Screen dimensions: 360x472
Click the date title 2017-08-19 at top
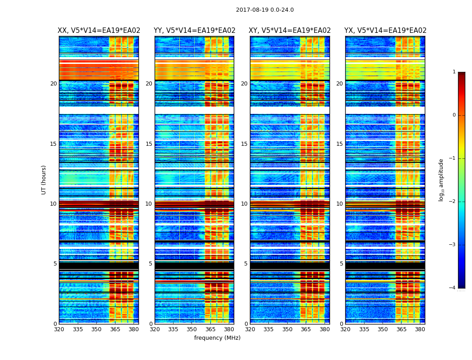[x=265, y=10]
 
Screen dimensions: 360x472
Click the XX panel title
[x=99, y=31]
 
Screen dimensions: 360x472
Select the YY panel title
[x=194, y=31]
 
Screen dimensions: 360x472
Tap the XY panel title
[x=290, y=31]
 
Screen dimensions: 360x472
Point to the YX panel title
[x=385, y=31]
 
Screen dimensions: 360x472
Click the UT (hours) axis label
[x=44, y=180]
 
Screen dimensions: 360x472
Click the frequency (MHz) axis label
[x=217, y=338]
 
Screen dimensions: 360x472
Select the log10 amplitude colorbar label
[x=441, y=180]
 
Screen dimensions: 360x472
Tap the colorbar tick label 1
[x=454, y=72]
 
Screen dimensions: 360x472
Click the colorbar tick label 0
[x=454, y=115]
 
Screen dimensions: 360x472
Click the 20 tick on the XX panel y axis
[x=53, y=84]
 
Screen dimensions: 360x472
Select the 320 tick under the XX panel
[x=59, y=329]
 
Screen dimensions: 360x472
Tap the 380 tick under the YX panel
[x=420, y=329]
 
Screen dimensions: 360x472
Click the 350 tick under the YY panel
[x=192, y=329]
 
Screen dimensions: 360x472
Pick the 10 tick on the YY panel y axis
[x=149, y=204]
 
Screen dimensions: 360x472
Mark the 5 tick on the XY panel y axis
[x=246, y=264]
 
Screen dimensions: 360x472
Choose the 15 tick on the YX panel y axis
[x=340, y=144]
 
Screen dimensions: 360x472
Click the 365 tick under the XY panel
[x=306, y=329]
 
